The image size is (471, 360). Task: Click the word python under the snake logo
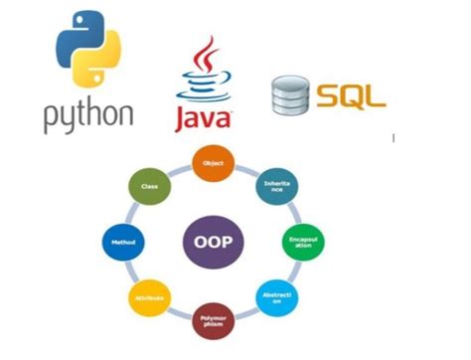pos(87,113)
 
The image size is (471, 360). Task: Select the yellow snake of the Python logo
pos(100,68)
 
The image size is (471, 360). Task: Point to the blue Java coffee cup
pos(205,88)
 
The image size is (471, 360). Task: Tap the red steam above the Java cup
pos(206,55)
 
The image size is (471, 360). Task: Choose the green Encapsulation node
pos(297,243)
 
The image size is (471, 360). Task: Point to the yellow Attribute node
pos(149,296)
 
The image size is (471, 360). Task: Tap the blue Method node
pos(123,242)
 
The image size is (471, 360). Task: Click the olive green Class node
pos(150,187)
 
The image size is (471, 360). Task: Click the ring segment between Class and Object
pos(179,169)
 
